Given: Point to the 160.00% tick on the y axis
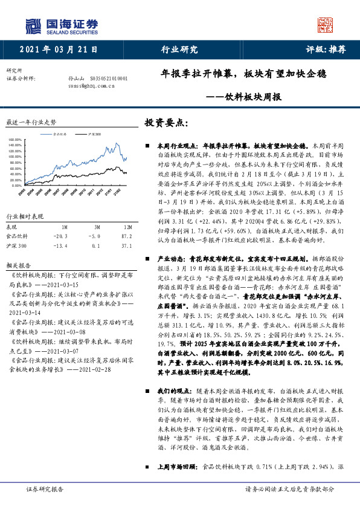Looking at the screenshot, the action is pos(16,140).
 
